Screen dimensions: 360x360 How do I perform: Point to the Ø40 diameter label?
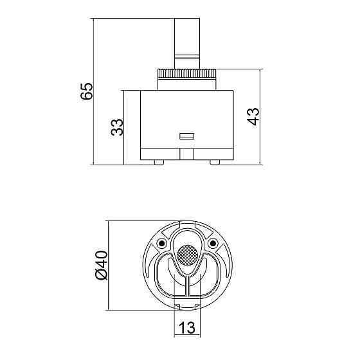click(x=100, y=264)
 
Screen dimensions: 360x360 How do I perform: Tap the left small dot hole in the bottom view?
click(x=159, y=243)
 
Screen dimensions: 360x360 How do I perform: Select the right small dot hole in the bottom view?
click(x=213, y=243)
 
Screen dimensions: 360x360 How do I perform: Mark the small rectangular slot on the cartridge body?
click(x=186, y=136)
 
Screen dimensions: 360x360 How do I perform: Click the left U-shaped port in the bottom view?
click(x=164, y=275)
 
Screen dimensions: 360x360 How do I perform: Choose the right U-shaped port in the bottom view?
click(x=208, y=275)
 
